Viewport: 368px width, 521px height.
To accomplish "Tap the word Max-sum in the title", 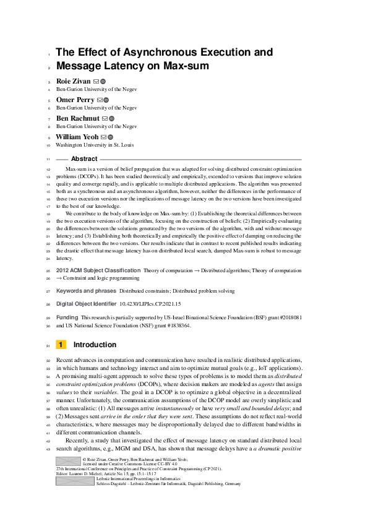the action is (x=187, y=66).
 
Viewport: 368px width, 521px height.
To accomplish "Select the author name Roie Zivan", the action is (x=73, y=81).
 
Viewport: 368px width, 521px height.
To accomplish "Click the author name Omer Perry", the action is (x=75, y=100).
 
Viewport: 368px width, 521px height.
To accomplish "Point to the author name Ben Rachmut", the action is (x=77, y=118).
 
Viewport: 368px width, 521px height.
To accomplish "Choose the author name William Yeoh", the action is (x=80, y=137).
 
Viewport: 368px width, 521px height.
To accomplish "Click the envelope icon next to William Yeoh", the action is (x=103, y=137).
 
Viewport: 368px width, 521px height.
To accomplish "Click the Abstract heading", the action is (x=84, y=159).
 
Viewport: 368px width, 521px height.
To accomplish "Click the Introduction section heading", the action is (x=95, y=345).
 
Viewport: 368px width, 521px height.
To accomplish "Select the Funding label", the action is (x=67, y=317).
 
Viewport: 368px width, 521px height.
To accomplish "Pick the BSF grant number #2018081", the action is (x=286, y=317).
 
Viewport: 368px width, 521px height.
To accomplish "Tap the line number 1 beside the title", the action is (x=48, y=54).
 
